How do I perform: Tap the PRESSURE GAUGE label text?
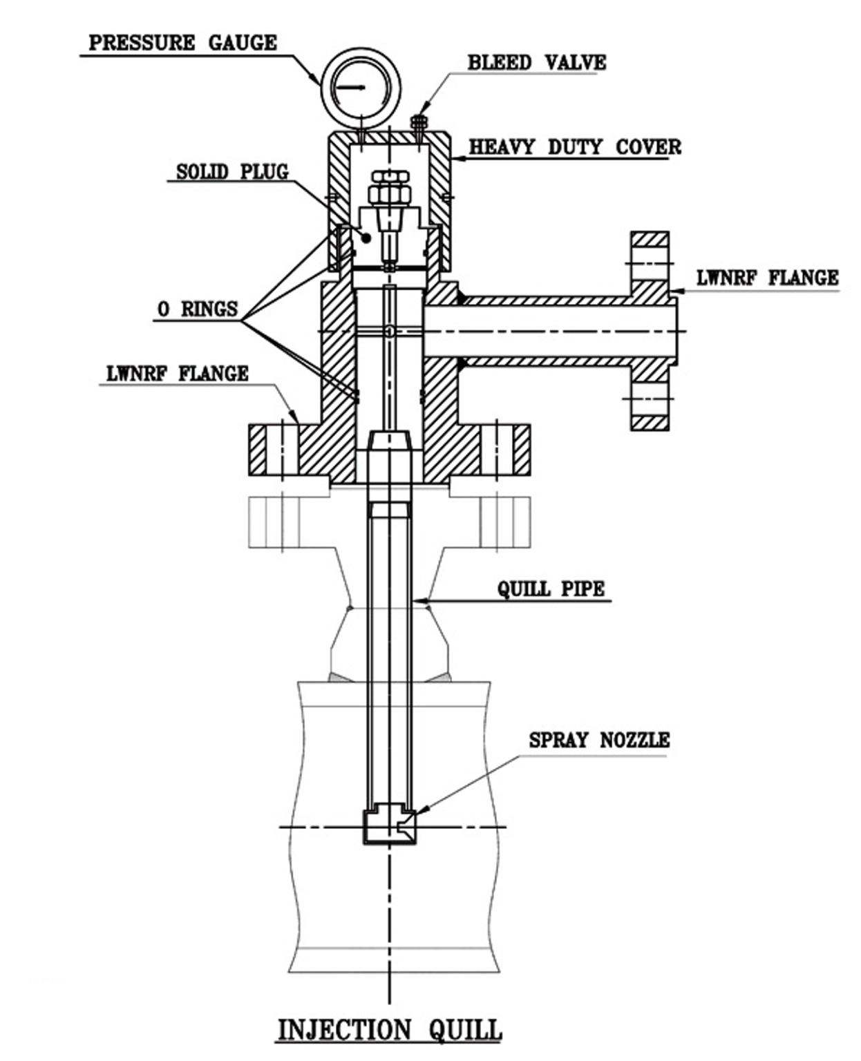[x=183, y=43]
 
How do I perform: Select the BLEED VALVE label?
[x=537, y=62]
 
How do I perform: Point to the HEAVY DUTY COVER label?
[x=575, y=147]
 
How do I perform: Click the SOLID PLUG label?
[x=232, y=171]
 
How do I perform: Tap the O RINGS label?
[x=198, y=309]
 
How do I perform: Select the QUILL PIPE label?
[x=551, y=589]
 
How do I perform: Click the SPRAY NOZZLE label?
[x=599, y=740]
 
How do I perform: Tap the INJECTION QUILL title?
[x=389, y=1029]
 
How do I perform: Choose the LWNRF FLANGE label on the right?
[x=767, y=278]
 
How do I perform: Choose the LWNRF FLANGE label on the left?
[x=178, y=374]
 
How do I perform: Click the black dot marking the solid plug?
[x=368, y=238]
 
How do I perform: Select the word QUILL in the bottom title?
[x=465, y=1029]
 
